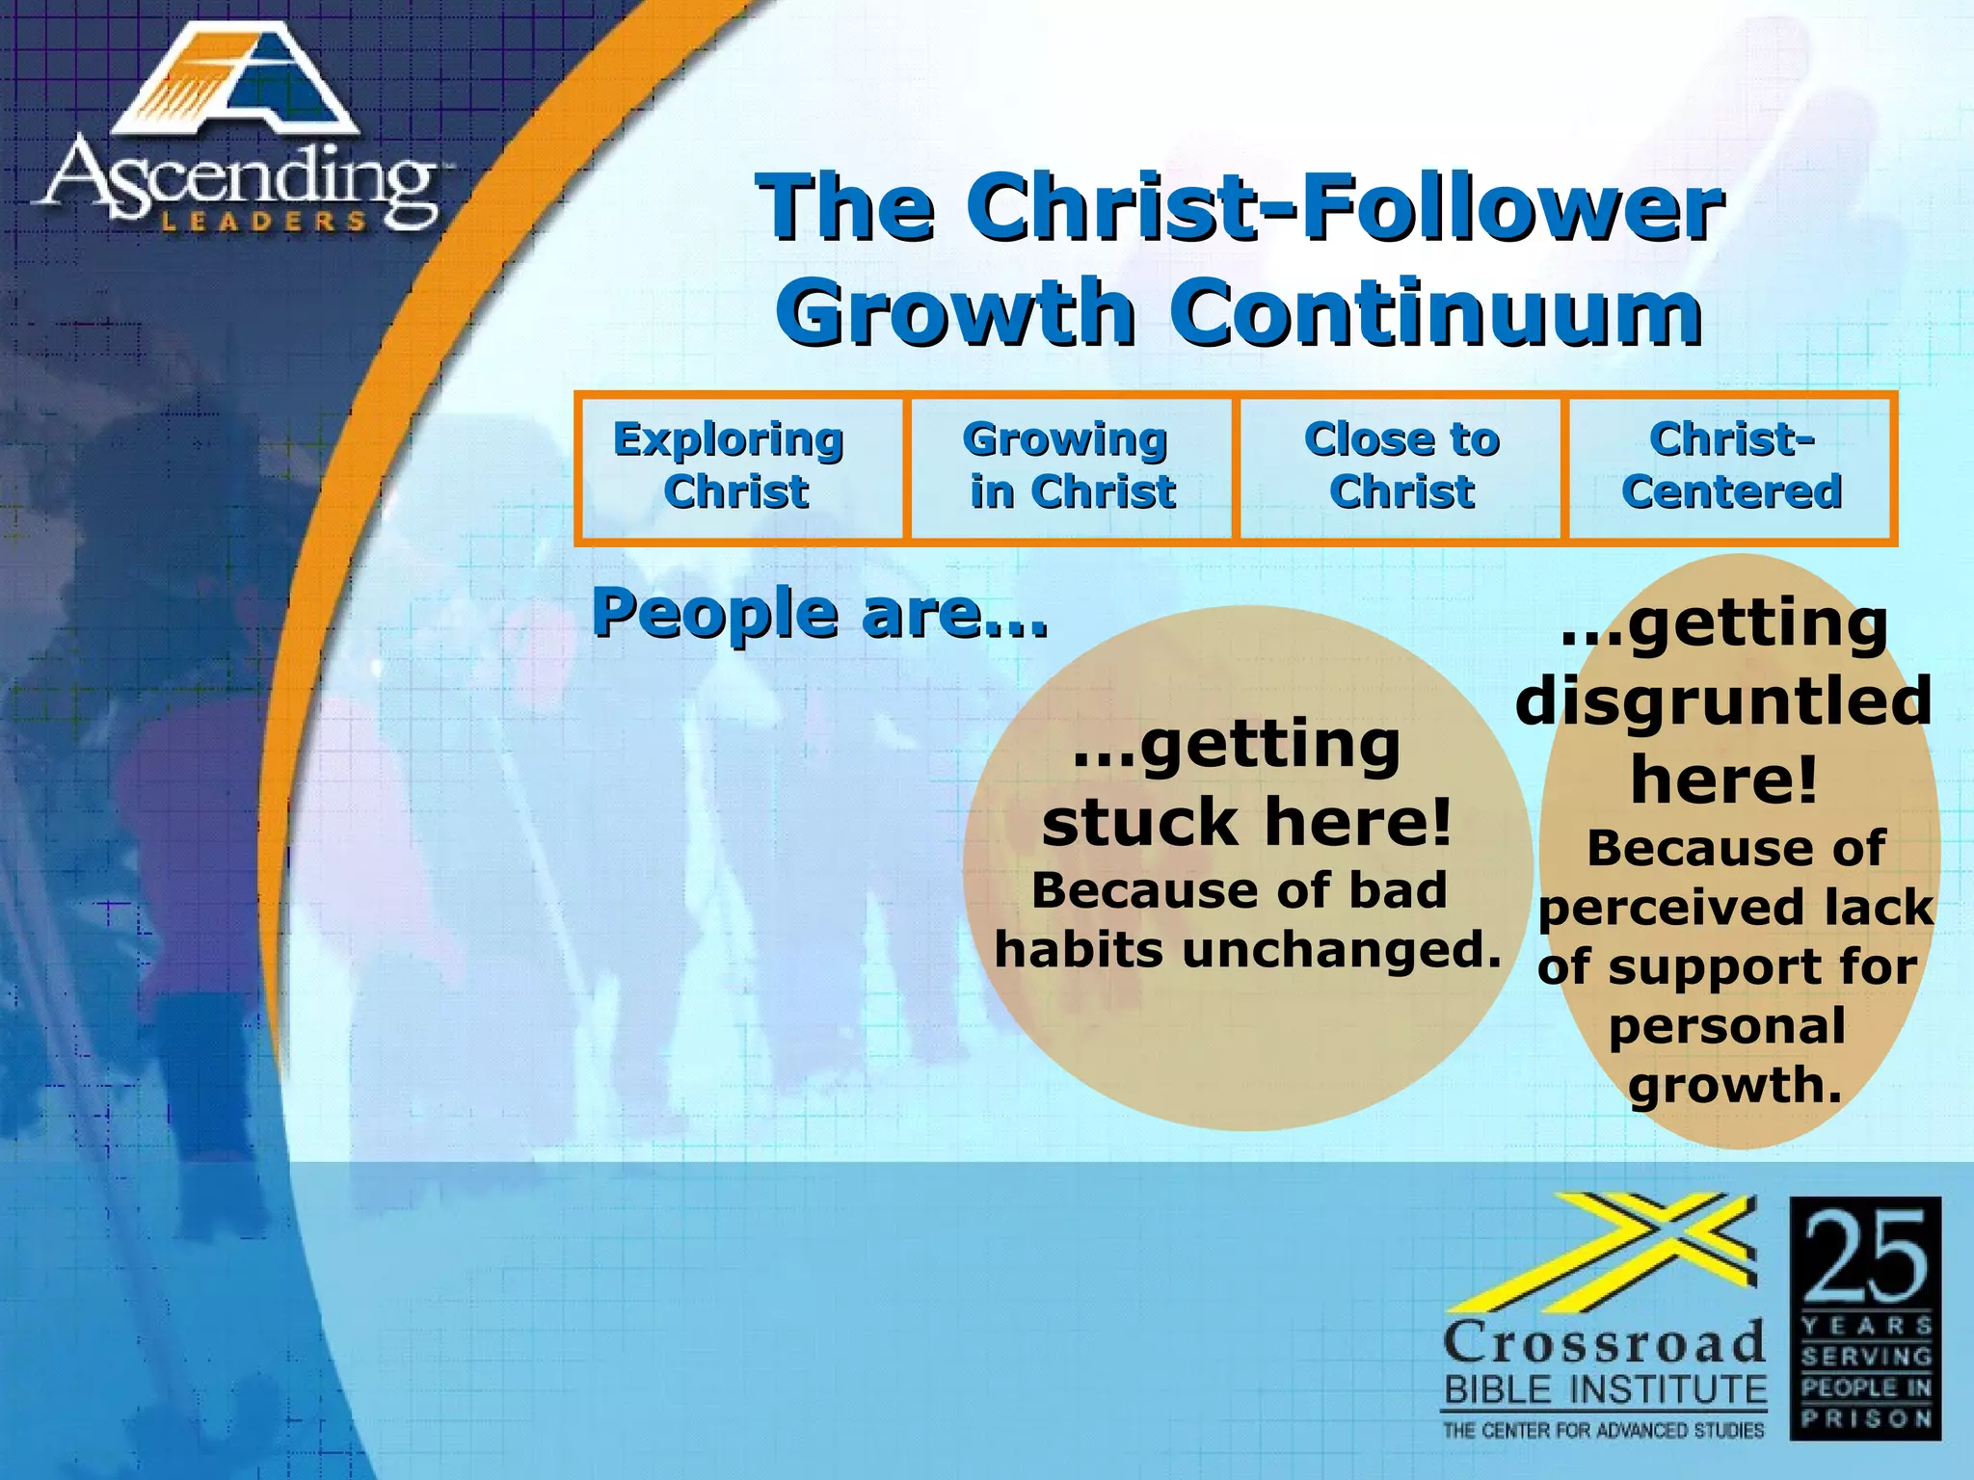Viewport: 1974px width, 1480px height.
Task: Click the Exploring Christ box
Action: (x=739, y=467)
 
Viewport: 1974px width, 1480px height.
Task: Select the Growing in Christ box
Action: (x=1070, y=467)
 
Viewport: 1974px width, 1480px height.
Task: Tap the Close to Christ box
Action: (x=1400, y=467)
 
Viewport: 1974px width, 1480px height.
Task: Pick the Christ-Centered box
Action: (x=1731, y=467)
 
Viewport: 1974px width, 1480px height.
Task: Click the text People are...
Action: (x=819, y=614)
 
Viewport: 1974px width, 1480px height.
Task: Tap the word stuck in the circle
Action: (x=1139, y=824)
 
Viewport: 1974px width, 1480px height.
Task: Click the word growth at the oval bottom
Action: (x=1735, y=1086)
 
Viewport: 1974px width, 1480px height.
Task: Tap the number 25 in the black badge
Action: (x=1865, y=1257)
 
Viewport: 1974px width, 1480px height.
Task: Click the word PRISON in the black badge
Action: (x=1866, y=1418)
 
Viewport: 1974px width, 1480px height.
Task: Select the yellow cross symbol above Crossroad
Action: (x=1639, y=1253)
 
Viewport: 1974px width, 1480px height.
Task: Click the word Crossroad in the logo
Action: (x=1604, y=1342)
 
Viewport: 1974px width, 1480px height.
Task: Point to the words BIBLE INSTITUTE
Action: (x=1604, y=1390)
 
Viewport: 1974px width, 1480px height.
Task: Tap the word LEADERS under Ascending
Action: (x=262, y=222)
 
